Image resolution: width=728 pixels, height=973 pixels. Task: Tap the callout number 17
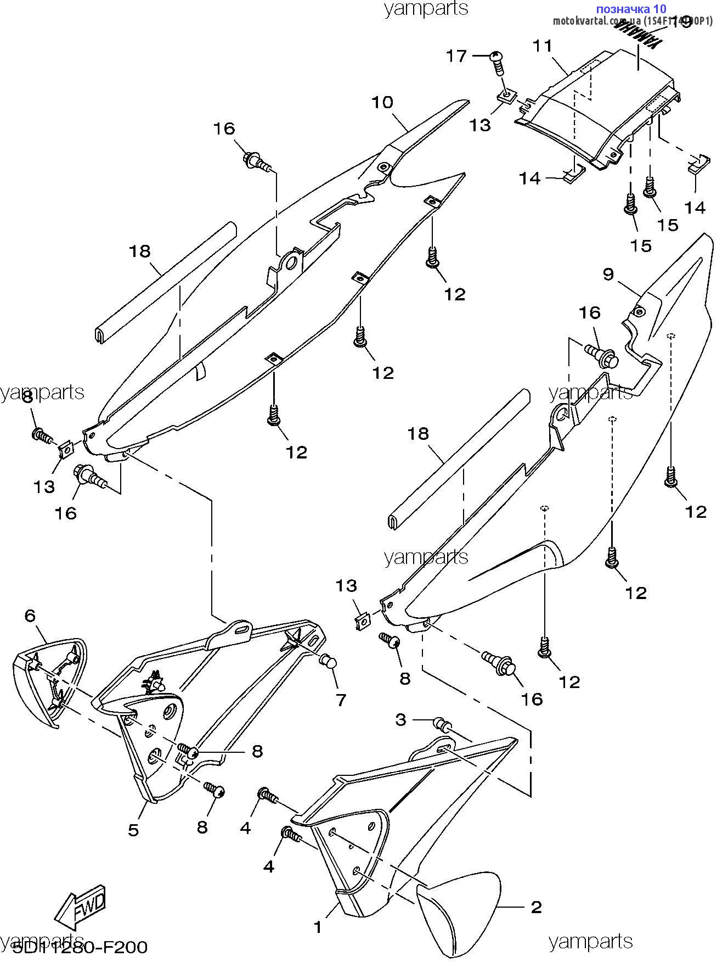tap(456, 55)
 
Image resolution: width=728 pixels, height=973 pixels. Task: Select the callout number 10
tap(382, 102)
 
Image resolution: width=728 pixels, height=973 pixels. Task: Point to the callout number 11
tap(543, 46)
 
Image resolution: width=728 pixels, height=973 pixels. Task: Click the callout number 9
tap(608, 274)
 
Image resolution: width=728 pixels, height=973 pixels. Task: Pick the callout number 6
tap(30, 616)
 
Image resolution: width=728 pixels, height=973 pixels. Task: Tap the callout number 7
tap(341, 700)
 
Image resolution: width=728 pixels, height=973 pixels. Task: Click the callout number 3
tap(401, 719)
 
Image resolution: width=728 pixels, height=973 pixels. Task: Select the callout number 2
tap(536, 907)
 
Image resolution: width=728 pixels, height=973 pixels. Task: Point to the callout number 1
tap(318, 927)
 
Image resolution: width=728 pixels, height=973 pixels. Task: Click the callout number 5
tap(134, 829)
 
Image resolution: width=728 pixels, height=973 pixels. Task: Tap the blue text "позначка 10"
tap(630, 8)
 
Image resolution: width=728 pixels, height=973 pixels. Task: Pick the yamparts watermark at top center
tap(426, 8)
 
